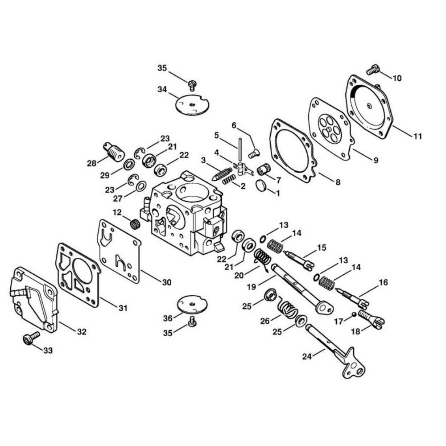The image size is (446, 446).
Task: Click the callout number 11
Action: [x=417, y=136]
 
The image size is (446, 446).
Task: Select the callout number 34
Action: [x=162, y=89]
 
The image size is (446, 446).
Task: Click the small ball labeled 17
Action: [x=354, y=314]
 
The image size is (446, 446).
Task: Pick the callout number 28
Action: [x=92, y=163]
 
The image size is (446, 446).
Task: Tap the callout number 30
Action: [x=167, y=282]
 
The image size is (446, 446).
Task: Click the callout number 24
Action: [x=307, y=356]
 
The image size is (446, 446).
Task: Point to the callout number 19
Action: [x=252, y=287]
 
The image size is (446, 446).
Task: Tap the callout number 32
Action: [x=82, y=332]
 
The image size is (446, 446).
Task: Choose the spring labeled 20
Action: [x=262, y=258]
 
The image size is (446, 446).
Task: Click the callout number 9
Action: [x=376, y=161]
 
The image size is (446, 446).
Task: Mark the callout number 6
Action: [x=234, y=125]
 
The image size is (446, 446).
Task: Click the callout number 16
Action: [x=383, y=282]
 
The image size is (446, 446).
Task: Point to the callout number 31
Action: [x=123, y=308]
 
